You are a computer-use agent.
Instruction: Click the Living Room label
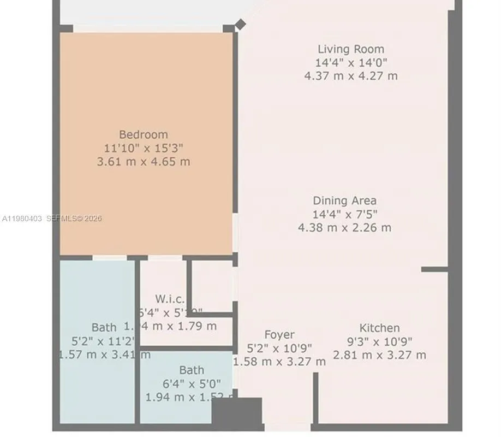(351, 49)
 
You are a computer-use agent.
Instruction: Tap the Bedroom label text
(144, 134)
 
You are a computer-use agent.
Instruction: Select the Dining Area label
(344, 200)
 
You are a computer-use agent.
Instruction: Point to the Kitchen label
(379, 328)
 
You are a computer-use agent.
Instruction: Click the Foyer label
(279, 334)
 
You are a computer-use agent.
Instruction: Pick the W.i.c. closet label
(170, 299)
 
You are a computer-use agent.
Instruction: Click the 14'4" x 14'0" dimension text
(351, 62)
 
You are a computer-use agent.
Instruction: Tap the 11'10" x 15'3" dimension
(144, 148)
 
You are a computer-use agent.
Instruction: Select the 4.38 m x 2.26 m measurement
(344, 227)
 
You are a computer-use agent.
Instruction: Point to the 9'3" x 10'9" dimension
(379, 341)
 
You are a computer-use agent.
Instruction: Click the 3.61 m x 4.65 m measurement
(144, 162)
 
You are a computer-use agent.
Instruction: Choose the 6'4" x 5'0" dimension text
(192, 383)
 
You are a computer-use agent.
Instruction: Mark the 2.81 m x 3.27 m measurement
(379, 355)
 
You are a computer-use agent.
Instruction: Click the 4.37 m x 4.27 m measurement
(351, 75)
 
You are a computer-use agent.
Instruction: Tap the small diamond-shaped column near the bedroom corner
(240, 24)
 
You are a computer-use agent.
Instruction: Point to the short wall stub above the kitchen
(434, 269)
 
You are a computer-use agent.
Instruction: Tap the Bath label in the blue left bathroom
(104, 327)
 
